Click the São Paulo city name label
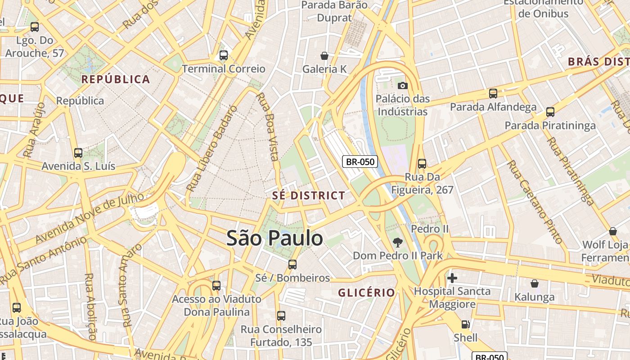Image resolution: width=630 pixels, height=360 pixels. [274, 238]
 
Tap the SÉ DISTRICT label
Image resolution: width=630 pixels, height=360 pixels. [309, 196]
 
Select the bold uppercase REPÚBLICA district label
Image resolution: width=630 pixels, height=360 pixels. [116, 80]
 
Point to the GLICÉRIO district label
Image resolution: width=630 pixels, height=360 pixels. [366, 293]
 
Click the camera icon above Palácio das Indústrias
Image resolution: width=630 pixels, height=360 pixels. [402, 85]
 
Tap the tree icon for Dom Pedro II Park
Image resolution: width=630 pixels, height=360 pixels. [397, 243]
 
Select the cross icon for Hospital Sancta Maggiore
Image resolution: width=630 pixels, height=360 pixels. [452, 278]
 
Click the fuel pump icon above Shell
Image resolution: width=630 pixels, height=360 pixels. [465, 324]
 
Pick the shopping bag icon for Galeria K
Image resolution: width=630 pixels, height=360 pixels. [324, 56]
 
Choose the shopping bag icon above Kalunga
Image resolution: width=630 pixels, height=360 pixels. [534, 283]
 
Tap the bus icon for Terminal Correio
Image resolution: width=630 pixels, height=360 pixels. [223, 55]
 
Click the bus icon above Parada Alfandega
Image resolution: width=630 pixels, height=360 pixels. [493, 94]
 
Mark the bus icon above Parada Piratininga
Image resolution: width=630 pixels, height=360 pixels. [550, 112]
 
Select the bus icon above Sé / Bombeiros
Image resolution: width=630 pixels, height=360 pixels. [292, 265]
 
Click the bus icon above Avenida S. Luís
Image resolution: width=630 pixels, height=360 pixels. [78, 153]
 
